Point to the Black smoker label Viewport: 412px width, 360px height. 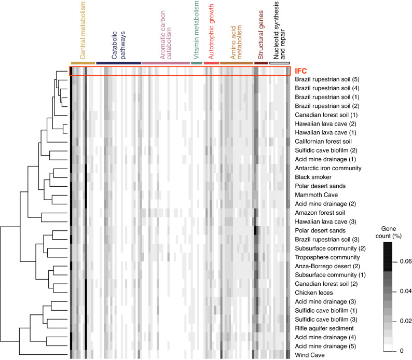click(x=314, y=177)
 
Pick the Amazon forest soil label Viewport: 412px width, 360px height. click(x=323, y=213)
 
